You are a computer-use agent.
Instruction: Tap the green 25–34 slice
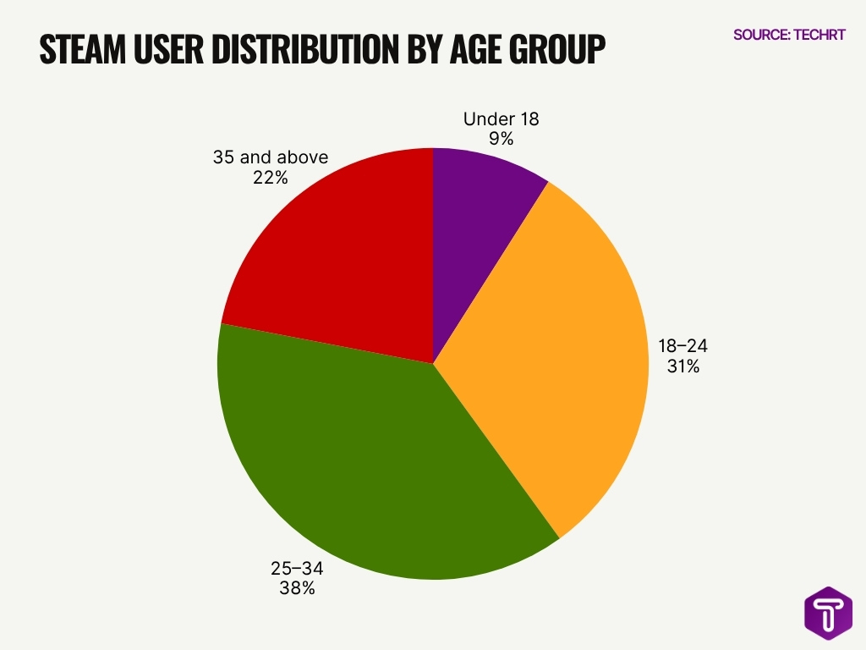tap(372, 474)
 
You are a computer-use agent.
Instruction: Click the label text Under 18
tap(501, 119)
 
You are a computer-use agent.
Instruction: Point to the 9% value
tap(501, 139)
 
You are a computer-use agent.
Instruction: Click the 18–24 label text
tap(682, 346)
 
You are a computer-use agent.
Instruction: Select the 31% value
tap(682, 366)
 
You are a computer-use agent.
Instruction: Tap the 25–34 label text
tap(297, 568)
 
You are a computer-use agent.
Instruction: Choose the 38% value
tap(297, 588)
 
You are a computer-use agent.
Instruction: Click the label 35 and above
tap(271, 157)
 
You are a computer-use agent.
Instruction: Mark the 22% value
tap(271, 178)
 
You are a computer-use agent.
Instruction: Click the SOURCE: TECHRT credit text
tap(789, 36)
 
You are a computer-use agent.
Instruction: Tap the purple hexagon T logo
tap(828, 612)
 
